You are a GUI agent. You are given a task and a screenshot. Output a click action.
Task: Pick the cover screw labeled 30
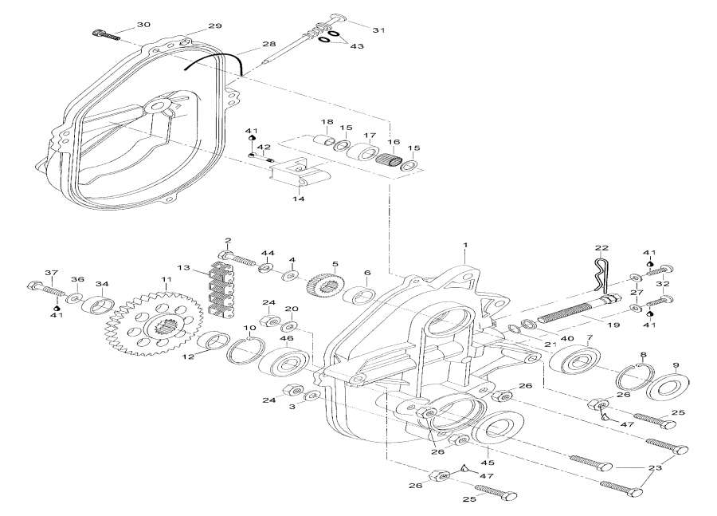(106, 34)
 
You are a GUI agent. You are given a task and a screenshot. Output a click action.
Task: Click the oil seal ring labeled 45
(498, 433)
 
